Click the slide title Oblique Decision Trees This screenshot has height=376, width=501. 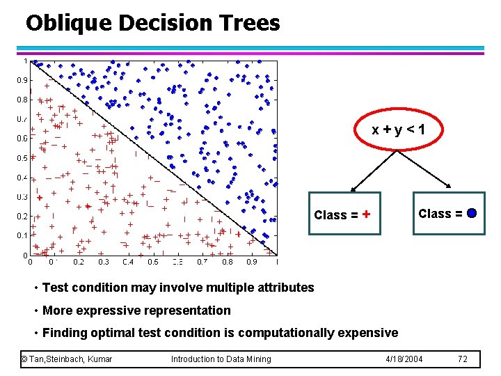pos(152,23)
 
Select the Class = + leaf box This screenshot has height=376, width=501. pos(344,214)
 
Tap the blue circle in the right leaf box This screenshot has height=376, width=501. pos(472,213)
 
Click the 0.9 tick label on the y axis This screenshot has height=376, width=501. pos(22,80)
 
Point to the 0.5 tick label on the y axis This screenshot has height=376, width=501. pos(22,158)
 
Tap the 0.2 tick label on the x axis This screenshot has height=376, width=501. pos(79,263)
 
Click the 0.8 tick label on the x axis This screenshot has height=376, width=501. pos(228,263)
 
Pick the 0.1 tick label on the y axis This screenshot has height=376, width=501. pos(22,236)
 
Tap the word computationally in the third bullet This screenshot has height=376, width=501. pos(285,333)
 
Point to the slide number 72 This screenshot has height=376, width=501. pos(463,359)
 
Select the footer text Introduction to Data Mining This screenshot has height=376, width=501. pos(221,359)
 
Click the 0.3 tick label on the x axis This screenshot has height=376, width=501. pos(104,263)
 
